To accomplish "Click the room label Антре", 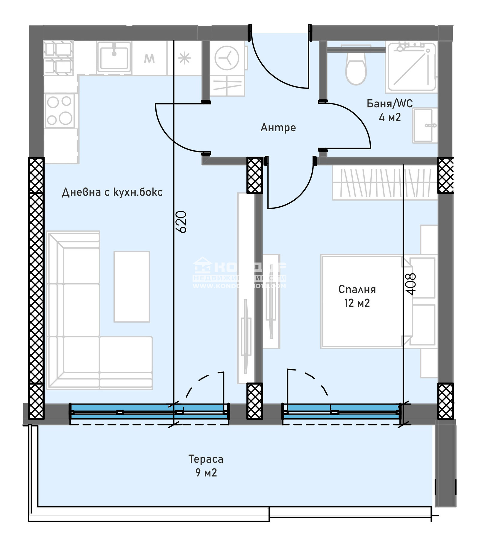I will click(278, 128).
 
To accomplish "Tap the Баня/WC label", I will click(389, 104).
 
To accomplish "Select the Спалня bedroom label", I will click(357, 289).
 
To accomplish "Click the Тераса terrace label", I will click(206, 459).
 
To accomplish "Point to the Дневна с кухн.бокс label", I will click(112, 192).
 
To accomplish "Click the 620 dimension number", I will click(181, 222).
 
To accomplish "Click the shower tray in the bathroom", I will click(411, 67).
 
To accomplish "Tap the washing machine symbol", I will click(227, 58).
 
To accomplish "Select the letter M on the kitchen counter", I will click(149, 58).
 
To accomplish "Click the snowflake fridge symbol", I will click(184, 58).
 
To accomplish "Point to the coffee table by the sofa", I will click(131, 286).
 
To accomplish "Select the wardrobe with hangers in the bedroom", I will click(385, 183).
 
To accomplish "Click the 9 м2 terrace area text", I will click(206, 473).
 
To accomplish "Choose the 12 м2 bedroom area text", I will click(357, 303).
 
